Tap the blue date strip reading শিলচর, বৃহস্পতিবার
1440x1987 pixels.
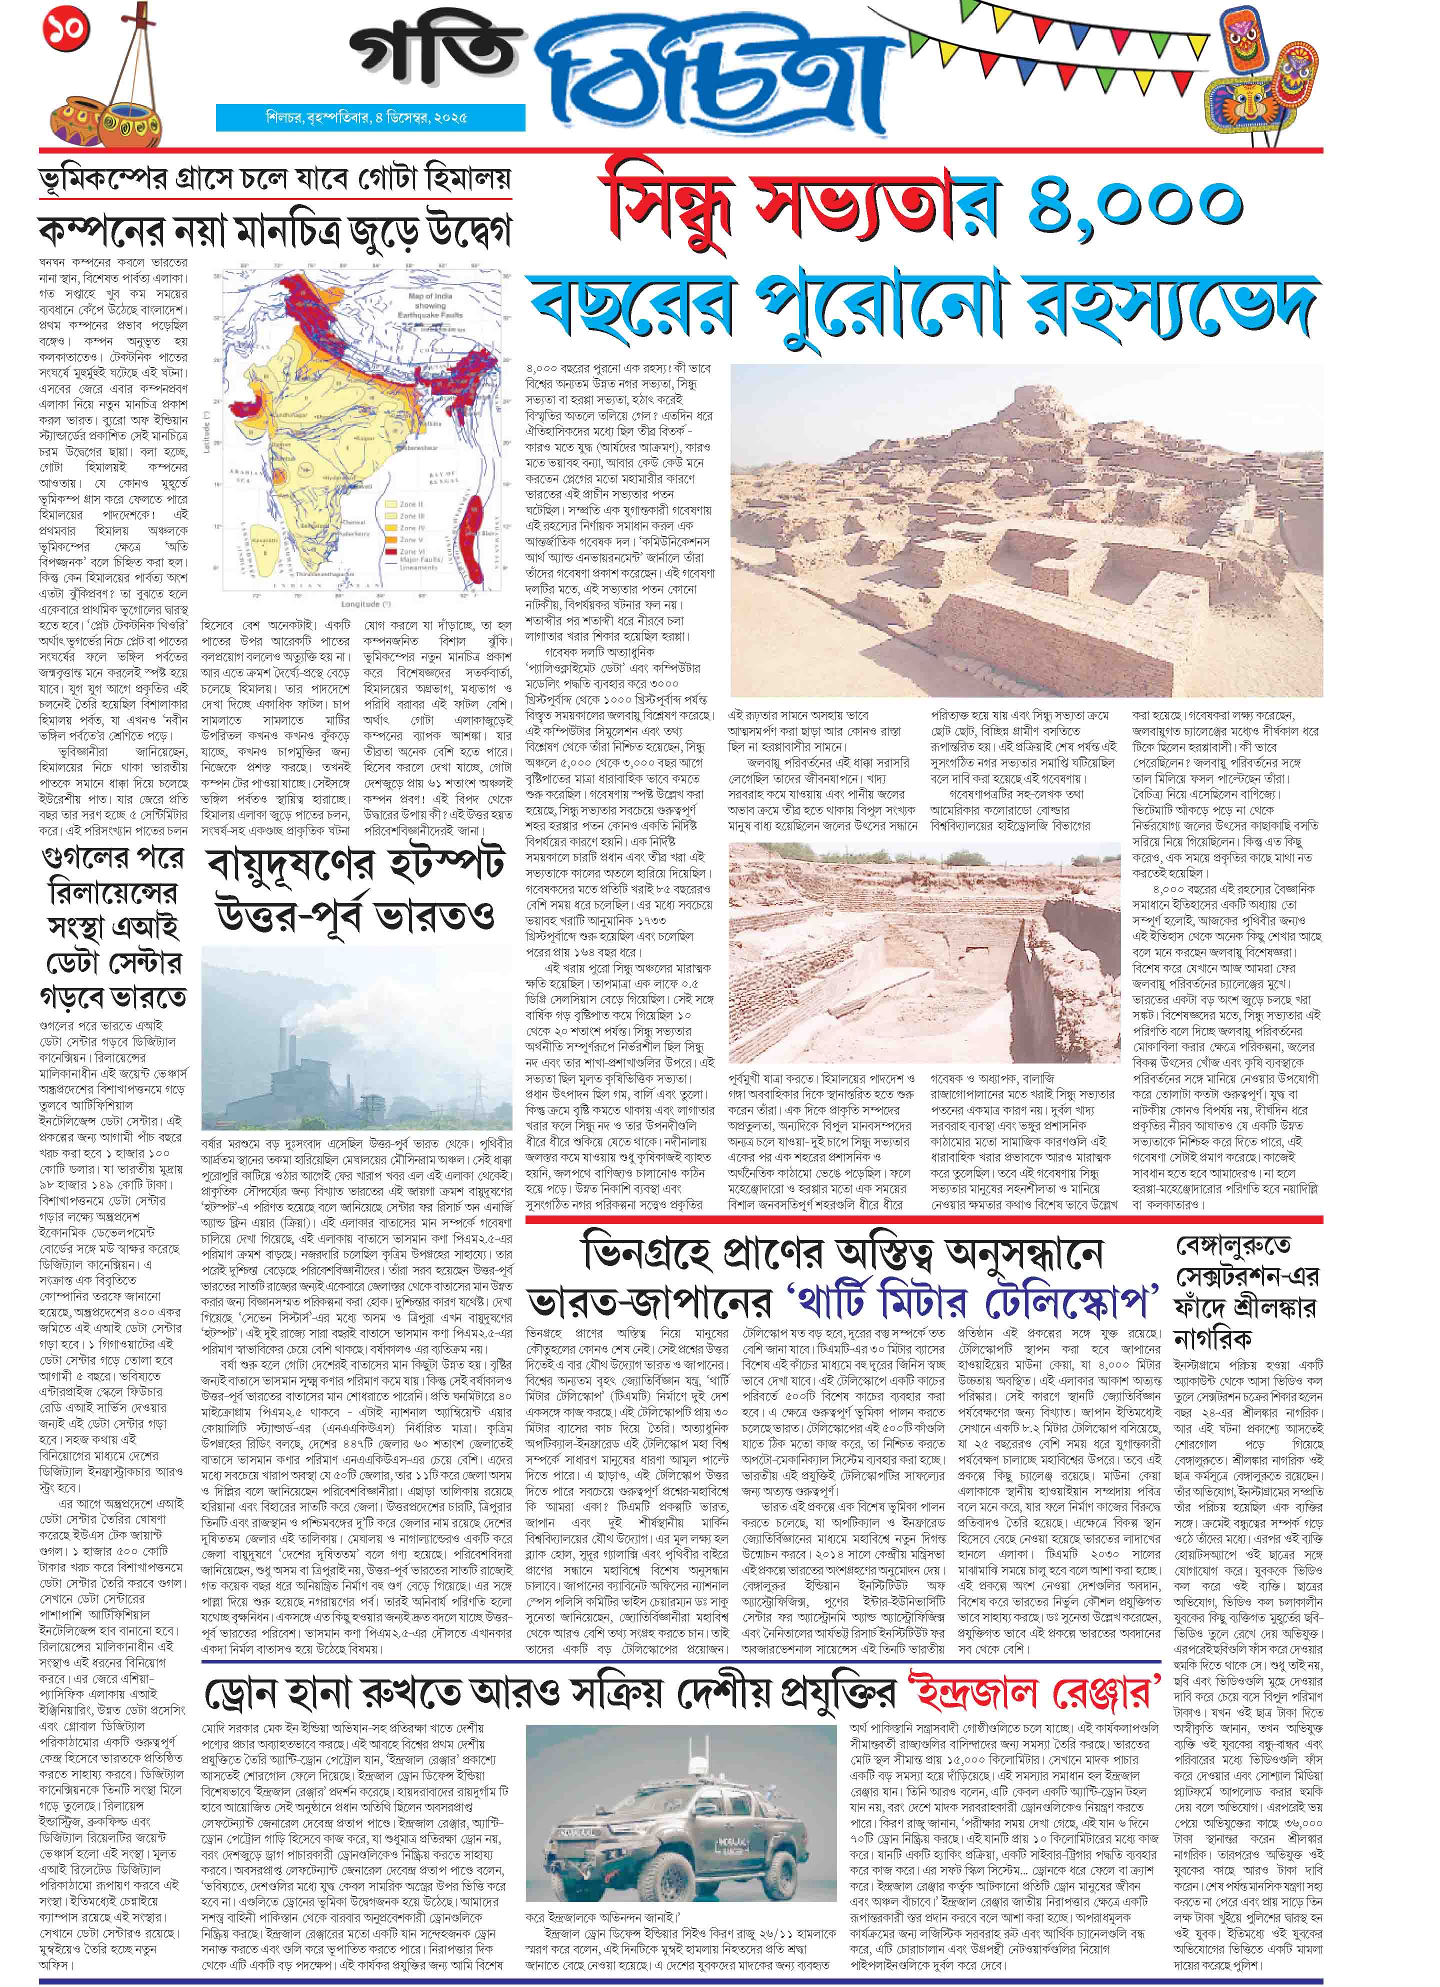click(x=369, y=118)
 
